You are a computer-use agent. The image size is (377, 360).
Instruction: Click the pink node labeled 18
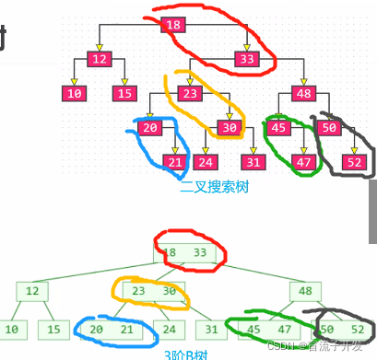coord(173,25)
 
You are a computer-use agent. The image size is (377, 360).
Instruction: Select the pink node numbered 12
coord(100,60)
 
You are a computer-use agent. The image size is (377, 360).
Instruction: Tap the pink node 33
coord(246,60)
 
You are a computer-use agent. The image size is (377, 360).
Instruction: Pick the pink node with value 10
coord(75,93)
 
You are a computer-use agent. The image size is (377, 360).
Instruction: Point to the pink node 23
coord(191,93)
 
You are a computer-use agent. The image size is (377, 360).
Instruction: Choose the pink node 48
coord(304,93)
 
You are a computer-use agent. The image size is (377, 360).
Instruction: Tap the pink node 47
coord(304,162)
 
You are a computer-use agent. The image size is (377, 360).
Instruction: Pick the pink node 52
coord(355,162)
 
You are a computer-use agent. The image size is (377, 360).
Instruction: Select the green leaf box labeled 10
coord(12,329)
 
